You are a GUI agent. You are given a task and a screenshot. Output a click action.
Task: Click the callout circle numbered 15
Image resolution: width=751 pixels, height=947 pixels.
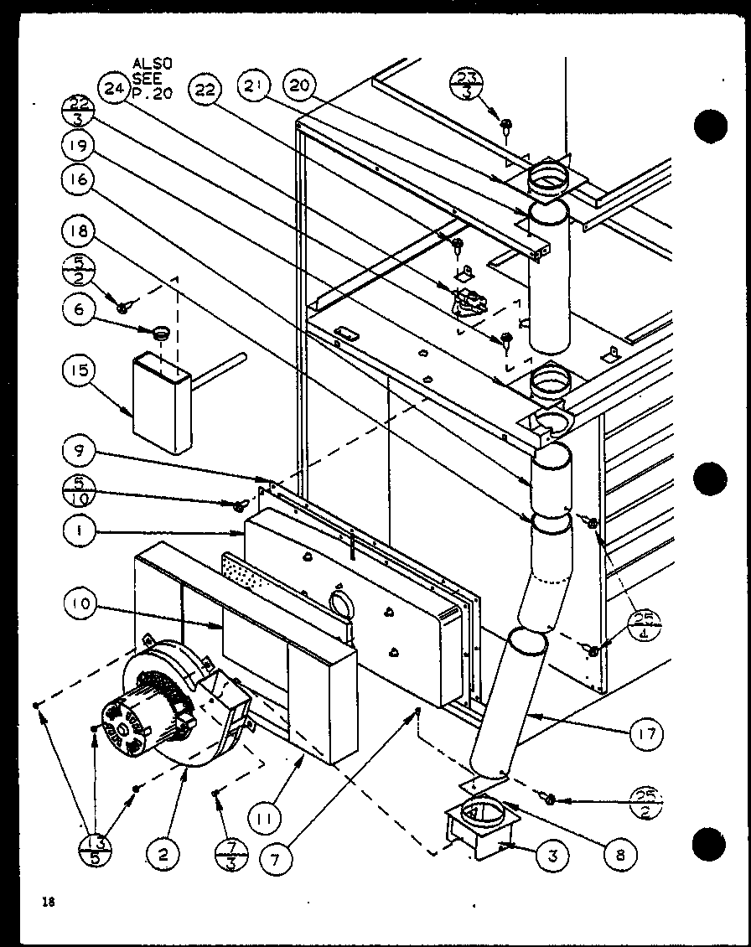tap(78, 370)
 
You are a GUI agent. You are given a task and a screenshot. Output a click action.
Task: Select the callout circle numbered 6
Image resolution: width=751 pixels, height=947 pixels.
tap(78, 308)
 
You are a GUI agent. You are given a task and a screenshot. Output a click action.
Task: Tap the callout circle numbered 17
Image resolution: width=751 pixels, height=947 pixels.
tap(645, 734)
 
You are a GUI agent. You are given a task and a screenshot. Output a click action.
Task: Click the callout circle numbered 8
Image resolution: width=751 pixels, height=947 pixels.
tap(619, 855)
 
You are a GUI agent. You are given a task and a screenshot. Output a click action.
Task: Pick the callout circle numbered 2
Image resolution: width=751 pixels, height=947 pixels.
tap(163, 855)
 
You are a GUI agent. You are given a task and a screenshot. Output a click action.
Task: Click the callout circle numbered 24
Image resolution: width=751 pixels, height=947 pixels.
tap(112, 86)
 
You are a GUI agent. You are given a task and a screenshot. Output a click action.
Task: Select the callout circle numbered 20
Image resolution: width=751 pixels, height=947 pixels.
tap(299, 86)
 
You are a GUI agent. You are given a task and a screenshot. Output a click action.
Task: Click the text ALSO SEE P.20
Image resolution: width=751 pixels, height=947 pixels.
tap(152, 79)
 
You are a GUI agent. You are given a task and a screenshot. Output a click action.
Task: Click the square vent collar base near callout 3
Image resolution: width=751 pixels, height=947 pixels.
tap(479, 826)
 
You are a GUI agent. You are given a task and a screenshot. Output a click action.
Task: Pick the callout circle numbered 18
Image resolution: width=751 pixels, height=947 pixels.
tap(78, 230)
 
